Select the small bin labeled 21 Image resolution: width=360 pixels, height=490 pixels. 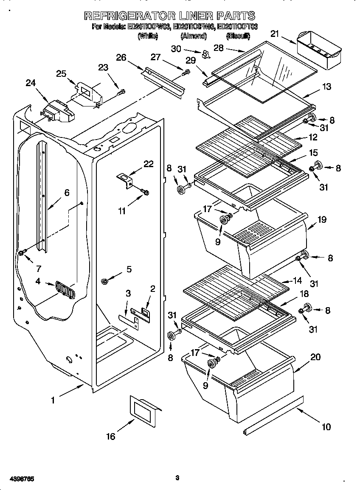tap(318, 53)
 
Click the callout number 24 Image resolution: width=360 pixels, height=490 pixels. tap(30, 83)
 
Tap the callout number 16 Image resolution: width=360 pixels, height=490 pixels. tap(111, 437)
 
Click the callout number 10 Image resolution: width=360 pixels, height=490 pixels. tap(326, 427)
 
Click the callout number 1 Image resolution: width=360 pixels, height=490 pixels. tap(53, 400)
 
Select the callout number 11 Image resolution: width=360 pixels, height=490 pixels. tap(122, 210)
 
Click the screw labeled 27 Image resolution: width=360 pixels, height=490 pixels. tap(186, 73)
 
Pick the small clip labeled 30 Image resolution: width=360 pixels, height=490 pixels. tap(206, 54)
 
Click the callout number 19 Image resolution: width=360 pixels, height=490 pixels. tap(322, 220)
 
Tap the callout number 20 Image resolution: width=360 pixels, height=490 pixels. tap(315, 357)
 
